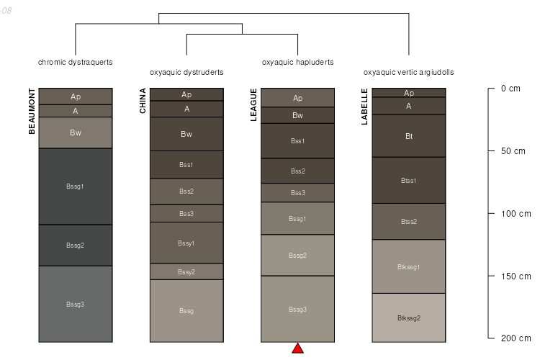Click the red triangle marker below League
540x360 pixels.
(x=297, y=349)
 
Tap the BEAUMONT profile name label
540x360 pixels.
(x=32, y=111)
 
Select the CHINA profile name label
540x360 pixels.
(x=143, y=101)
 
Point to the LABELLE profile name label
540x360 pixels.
(x=364, y=107)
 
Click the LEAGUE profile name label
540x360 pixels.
(x=253, y=105)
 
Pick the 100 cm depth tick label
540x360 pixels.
(x=515, y=214)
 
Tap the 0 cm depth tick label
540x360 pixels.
(x=510, y=89)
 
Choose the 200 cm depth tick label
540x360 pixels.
(x=515, y=338)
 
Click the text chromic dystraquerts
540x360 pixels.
(x=76, y=62)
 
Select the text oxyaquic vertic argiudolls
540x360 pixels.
(x=408, y=72)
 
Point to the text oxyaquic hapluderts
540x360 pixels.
(x=297, y=62)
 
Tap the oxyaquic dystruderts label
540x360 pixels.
(x=186, y=72)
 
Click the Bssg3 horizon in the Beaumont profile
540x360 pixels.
(x=76, y=305)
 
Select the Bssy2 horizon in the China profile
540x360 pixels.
(x=186, y=271)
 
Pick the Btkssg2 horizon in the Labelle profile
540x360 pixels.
(x=409, y=318)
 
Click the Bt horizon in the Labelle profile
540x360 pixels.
(x=409, y=135)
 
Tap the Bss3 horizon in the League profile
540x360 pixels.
(x=297, y=193)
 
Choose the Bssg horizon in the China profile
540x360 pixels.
(x=186, y=310)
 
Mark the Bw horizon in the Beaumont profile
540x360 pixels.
(x=76, y=132)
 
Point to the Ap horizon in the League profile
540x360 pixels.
(x=297, y=98)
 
